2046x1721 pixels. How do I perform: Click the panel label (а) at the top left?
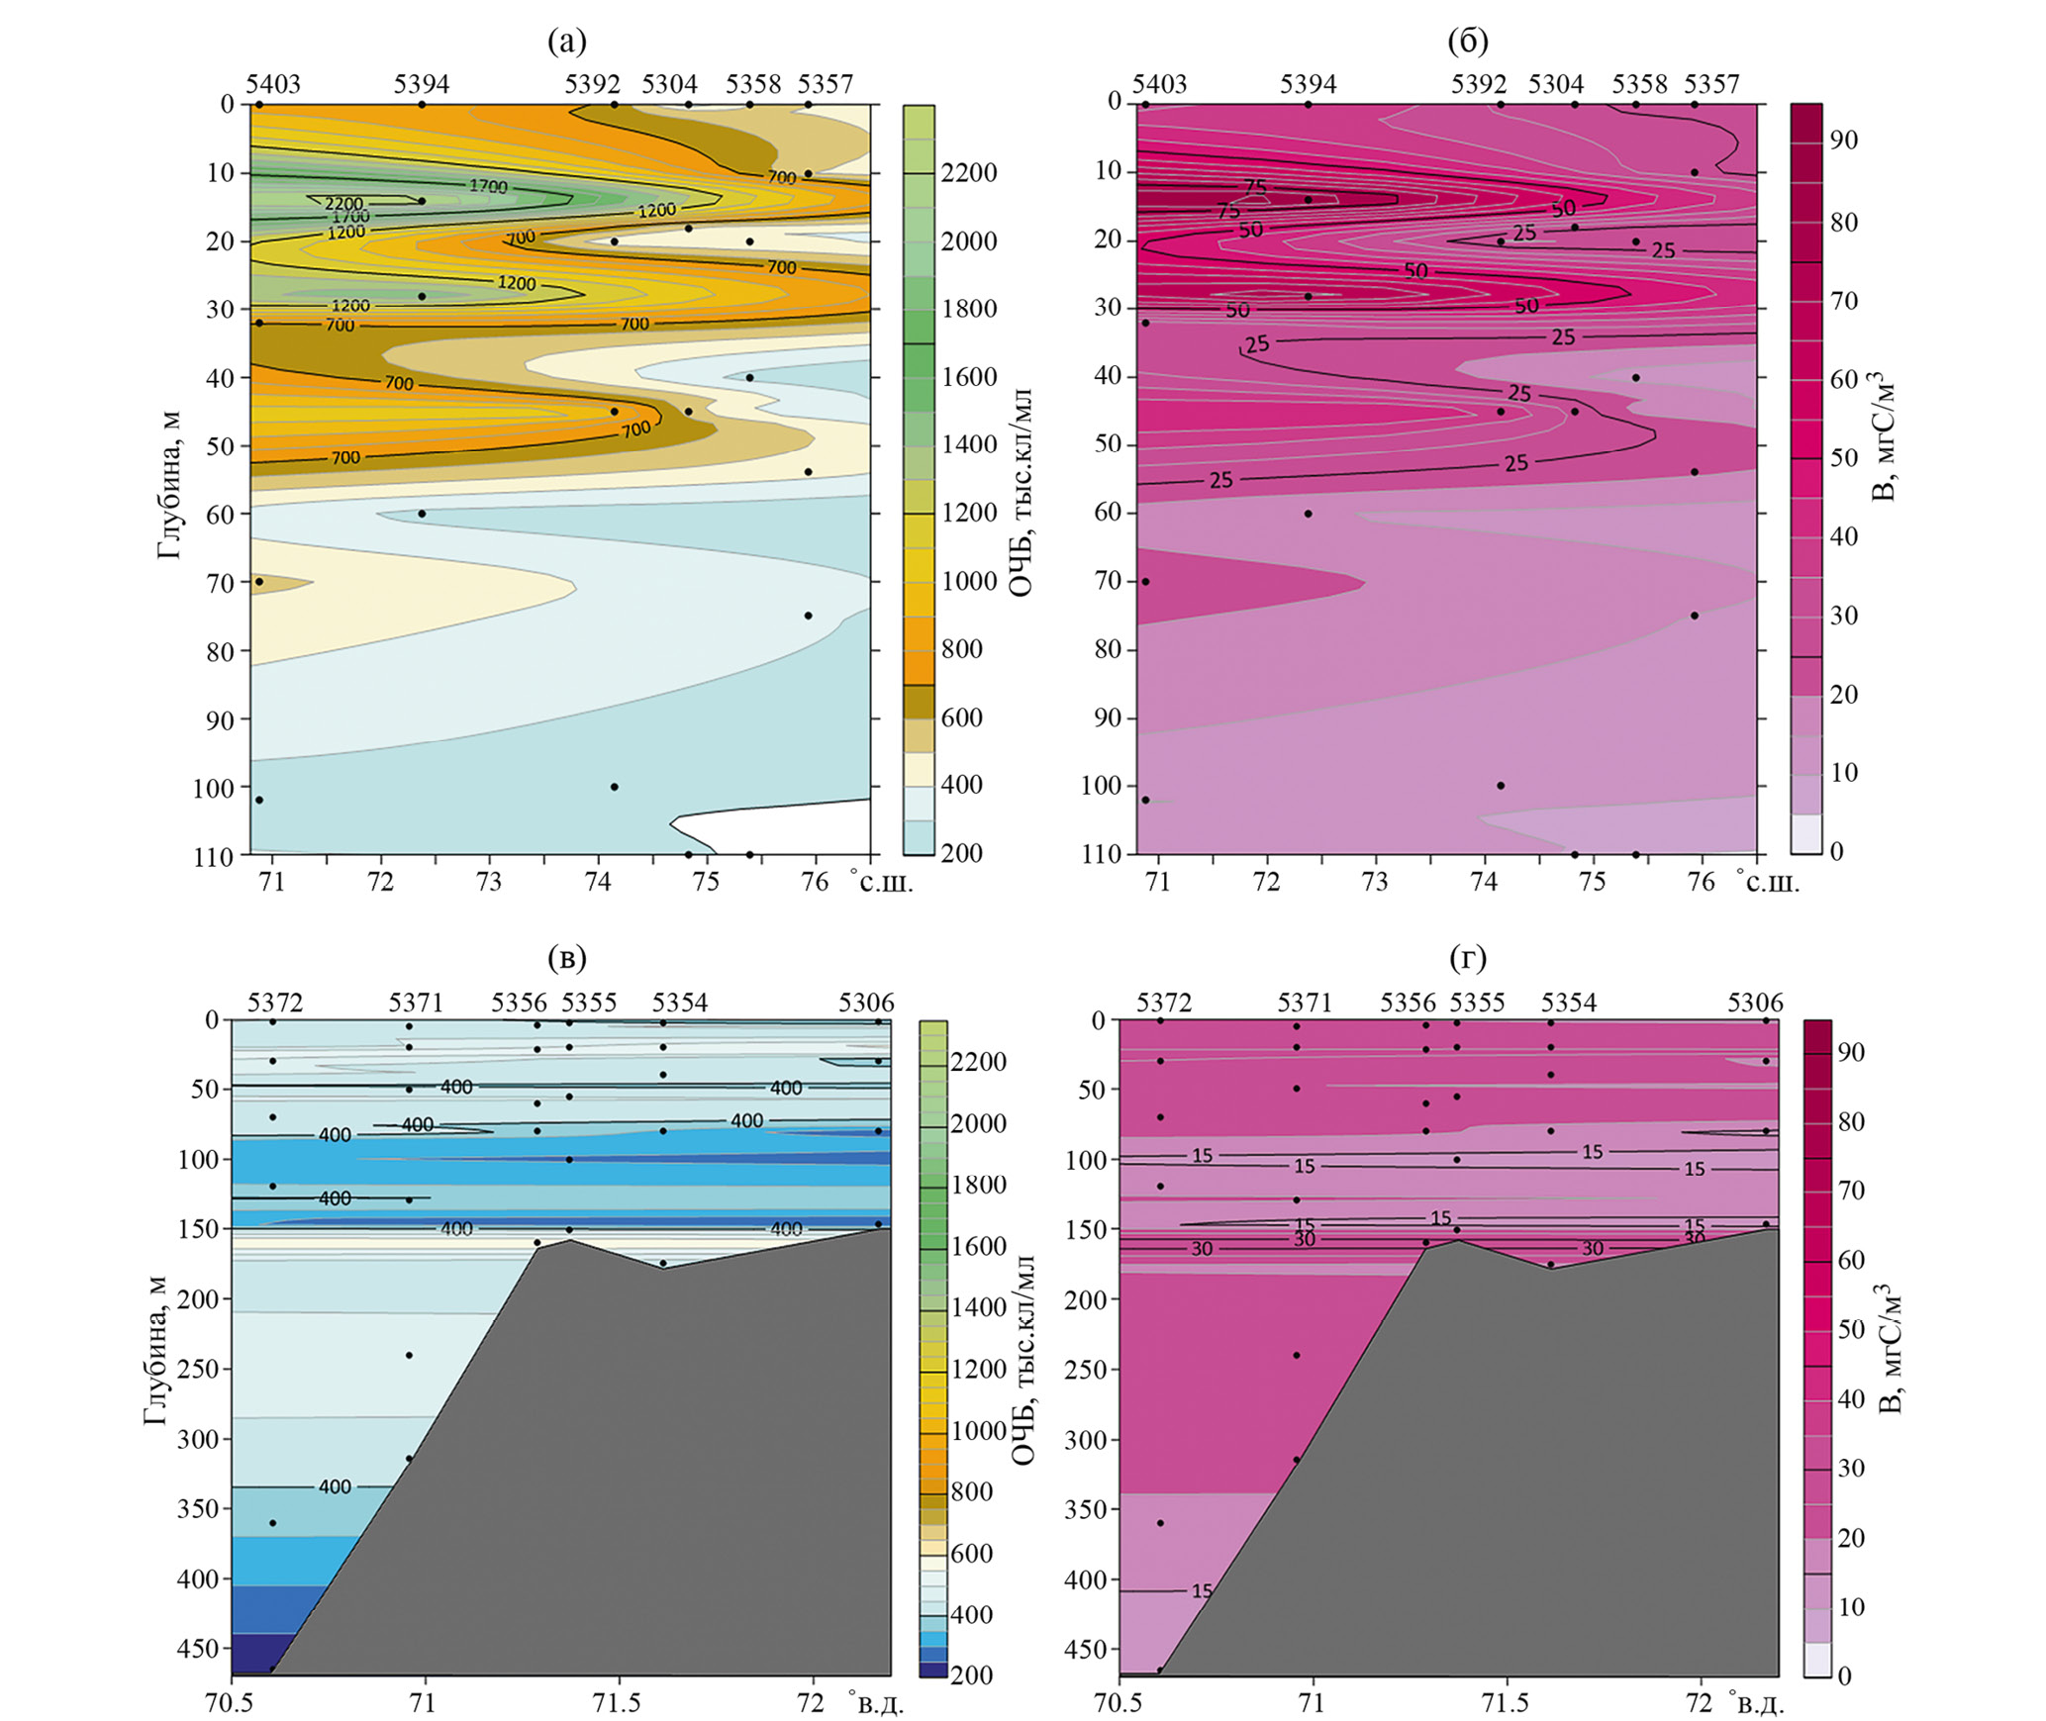click(x=566, y=42)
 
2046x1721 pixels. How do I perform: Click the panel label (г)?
click(x=1467, y=957)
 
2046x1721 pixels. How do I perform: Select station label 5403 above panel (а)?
click(x=273, y=84)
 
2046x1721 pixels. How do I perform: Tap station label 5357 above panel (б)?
click(x=1711, y=84)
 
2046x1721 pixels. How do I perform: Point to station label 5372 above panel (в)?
click(x=275, y=1003)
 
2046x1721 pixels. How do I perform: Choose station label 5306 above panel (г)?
click(x=1755, y=1003)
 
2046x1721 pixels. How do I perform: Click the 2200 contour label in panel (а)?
click(x=344, y=204)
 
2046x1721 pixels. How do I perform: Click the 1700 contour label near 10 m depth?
click(x=488, y=186)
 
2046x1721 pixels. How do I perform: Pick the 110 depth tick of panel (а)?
click(x=213, y=855)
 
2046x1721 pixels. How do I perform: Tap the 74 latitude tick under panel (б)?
click(x=1483, y=881)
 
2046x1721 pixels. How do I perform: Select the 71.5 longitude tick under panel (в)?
click(x=619, y=1702)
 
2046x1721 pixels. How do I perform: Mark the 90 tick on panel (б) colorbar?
click(x=1843, y=141)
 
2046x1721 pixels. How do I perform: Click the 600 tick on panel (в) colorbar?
click(x=971, y=1553)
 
